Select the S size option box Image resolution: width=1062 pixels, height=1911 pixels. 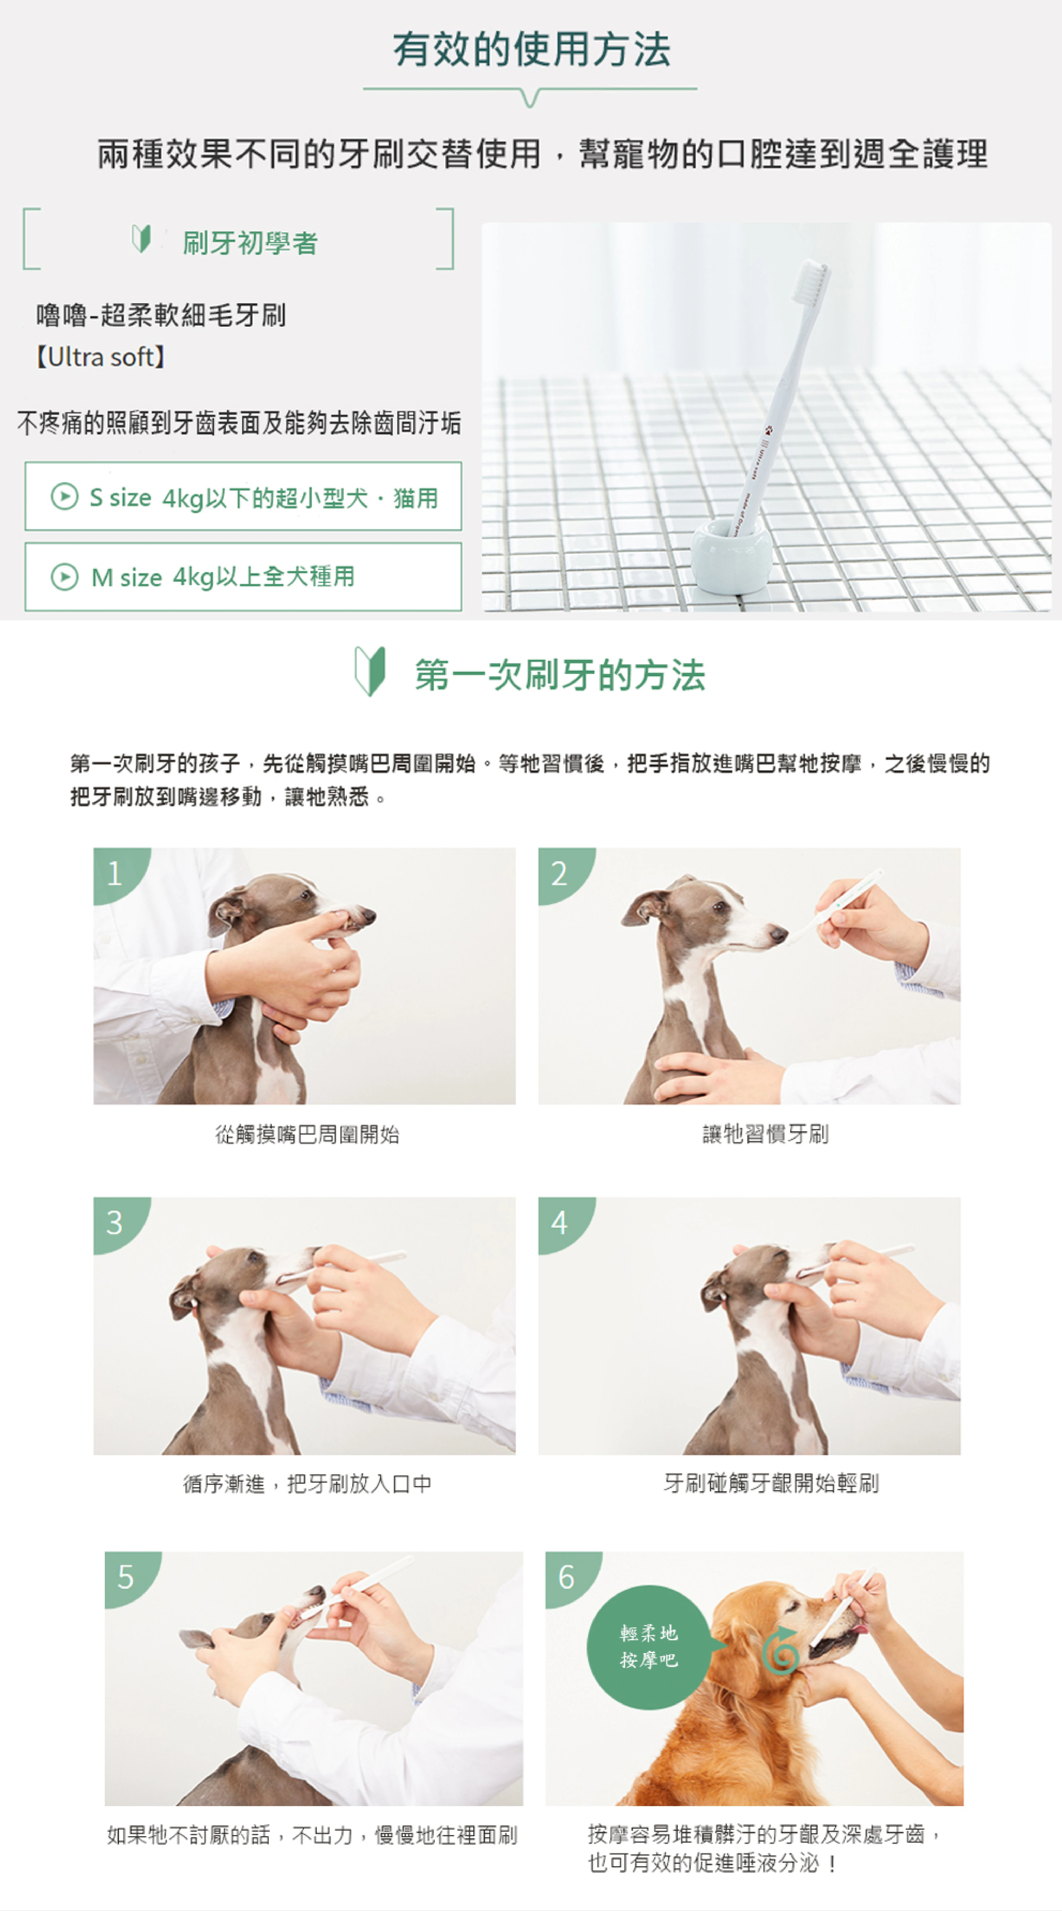243,496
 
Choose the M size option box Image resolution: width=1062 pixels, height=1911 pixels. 243,576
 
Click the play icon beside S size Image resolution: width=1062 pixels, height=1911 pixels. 64,496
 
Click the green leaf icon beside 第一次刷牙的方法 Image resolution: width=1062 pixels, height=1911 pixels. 370,671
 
